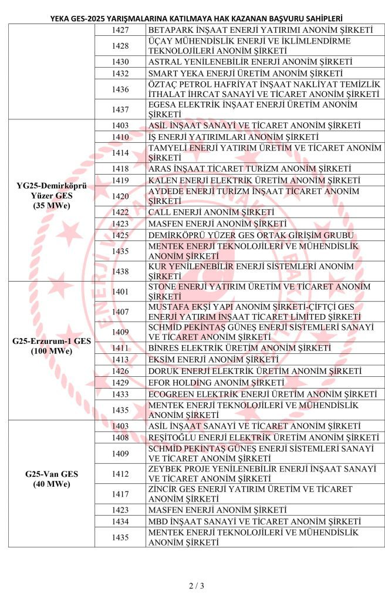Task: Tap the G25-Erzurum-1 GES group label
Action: (x=52, y=346)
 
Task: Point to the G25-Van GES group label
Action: (x=52, y=479)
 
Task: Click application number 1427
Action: (x=120, y=29)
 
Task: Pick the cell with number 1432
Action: (x=120, y=73)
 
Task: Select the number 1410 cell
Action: (x=120, y=136)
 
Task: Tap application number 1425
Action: (x=120, y=235)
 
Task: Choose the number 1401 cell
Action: (x=120, y=292)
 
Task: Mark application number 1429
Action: (x=120, y=382)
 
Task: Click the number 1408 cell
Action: (x=120, y=437)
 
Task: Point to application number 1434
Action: (x=120, y=521)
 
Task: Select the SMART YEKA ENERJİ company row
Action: (x=245, y=73)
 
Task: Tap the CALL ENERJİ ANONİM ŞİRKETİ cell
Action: (x=211, y=212)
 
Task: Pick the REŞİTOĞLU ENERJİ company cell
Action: (x=264, y=437)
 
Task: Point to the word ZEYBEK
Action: (x=165, y=468)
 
